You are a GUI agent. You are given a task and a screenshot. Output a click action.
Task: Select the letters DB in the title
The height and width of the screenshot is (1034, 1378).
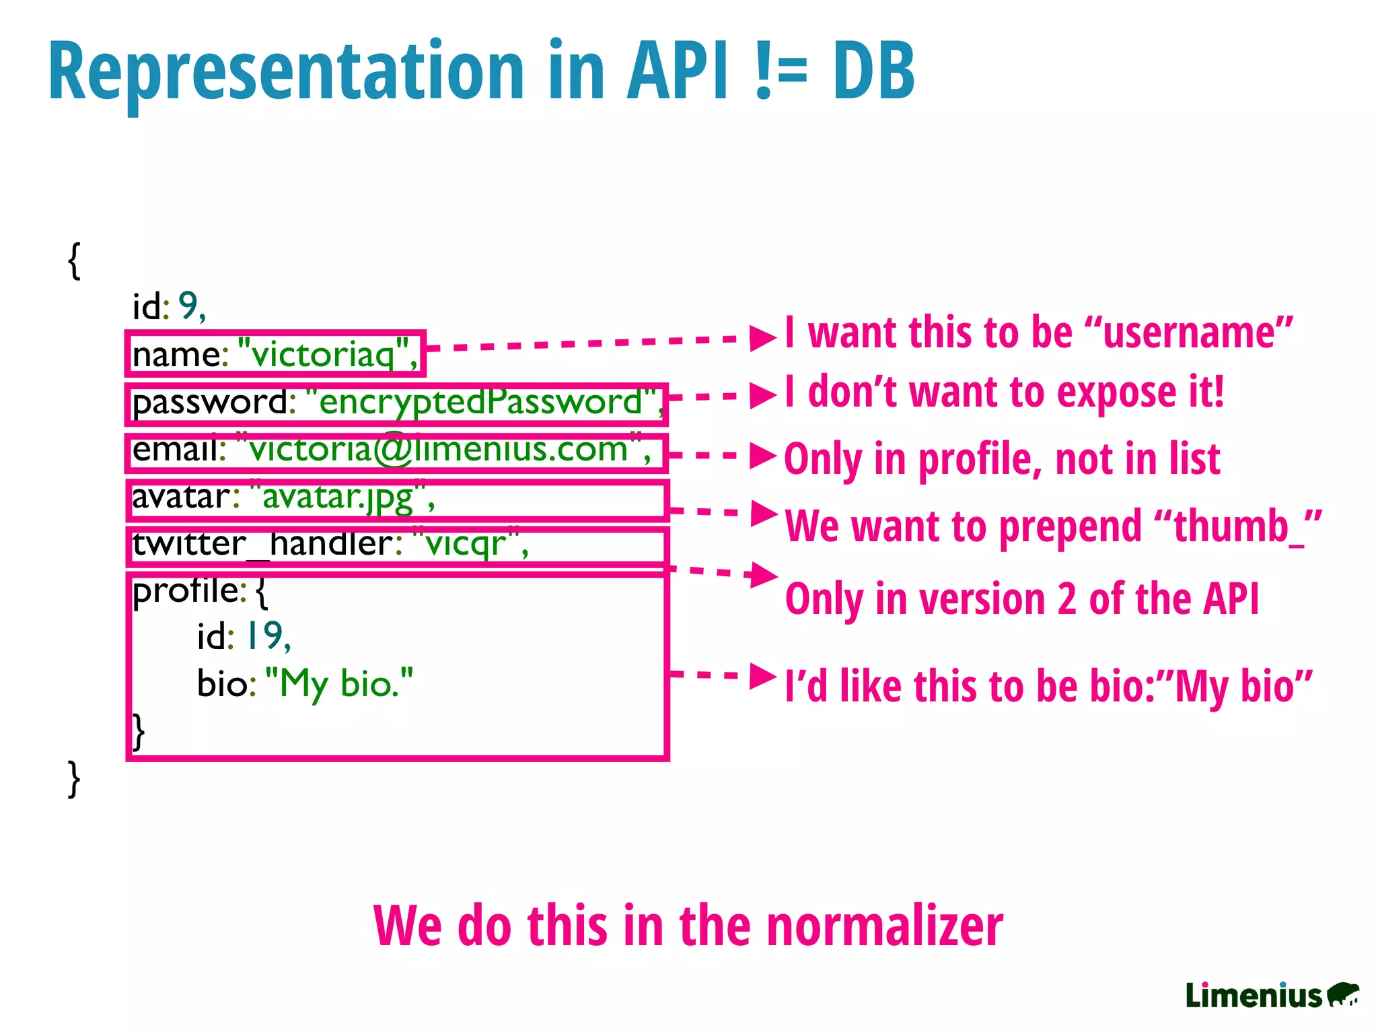873,71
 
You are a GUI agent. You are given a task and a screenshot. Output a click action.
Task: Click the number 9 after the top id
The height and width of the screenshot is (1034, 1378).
188,306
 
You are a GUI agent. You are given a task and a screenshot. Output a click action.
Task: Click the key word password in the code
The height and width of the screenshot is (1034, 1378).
209,403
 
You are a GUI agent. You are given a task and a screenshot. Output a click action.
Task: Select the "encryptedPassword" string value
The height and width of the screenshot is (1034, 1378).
480,402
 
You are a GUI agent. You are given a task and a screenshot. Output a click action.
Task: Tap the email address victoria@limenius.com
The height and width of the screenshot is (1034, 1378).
437,450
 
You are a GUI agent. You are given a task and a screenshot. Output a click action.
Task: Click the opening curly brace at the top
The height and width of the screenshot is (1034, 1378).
75,261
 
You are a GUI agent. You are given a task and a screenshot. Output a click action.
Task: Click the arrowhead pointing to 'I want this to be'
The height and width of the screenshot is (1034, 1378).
762,338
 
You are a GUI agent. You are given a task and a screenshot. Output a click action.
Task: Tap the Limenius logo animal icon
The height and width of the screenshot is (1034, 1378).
1343,994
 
